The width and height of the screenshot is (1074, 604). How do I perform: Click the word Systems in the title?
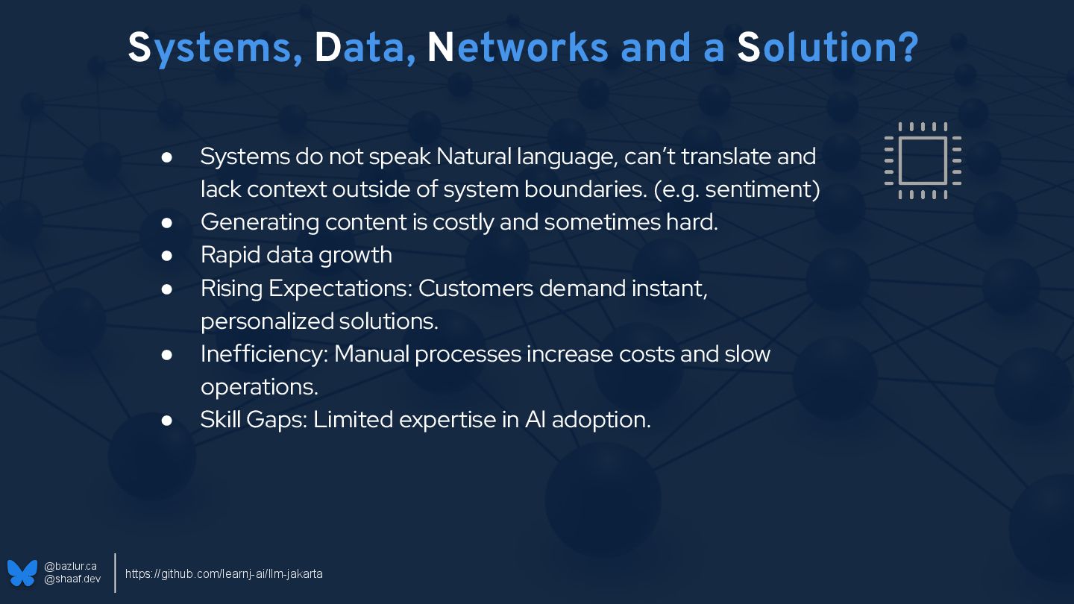tap(210, 48)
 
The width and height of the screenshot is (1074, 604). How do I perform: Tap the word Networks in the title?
tap(516, 48)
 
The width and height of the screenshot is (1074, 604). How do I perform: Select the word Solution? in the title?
tap(827, 48)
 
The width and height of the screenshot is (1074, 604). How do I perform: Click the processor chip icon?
tap(923, 160)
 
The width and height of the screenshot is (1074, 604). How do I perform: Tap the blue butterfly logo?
tap(22, 573)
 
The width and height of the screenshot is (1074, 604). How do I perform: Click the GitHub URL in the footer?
tap(224, 574)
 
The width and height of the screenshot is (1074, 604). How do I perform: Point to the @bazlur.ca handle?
tap(70, 567)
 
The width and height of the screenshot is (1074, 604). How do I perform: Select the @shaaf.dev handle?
tap(72, 579)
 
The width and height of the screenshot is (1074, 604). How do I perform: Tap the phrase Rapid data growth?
tap(296, 255)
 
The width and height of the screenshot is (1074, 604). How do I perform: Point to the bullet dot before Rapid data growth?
tap(167, 255)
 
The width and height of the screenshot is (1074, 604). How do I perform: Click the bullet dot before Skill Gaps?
tap(167, 420)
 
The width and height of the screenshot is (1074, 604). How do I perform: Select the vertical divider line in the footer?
tap(115, 573)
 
